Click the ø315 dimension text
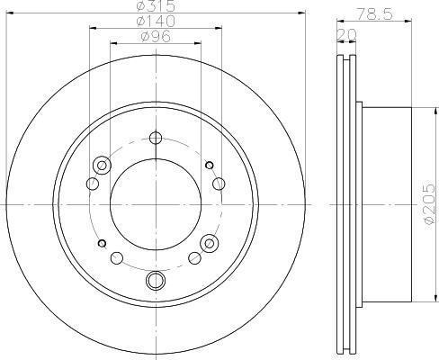point(156,5)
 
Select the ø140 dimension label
point(156,21)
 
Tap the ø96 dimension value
point(156,37)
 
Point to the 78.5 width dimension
point(374,13)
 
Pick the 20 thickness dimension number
point(347,35)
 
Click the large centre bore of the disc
point(156,204)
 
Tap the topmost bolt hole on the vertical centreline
point(156,138)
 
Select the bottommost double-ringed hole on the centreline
point(156,280)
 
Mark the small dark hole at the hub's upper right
point(210,165)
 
